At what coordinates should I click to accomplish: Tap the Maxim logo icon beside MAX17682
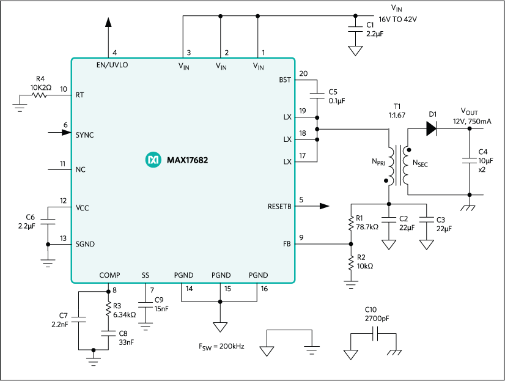pyautogui.click(x=152, y=160)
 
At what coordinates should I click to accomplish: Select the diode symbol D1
pyautogui.click(x=432, y=128)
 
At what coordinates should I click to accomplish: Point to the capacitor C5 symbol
pyautogui.click(x=317, y=95)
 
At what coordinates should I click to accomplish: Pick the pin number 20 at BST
pyautogui.click(x=304, y=73)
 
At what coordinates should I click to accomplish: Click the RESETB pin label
pyautogui.click(x=279, y=206)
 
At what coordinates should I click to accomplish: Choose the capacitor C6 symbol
pyautogui.click(x=48, y=220)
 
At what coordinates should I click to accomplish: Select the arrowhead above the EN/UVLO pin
pyautogui.click(x=109, y=22)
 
